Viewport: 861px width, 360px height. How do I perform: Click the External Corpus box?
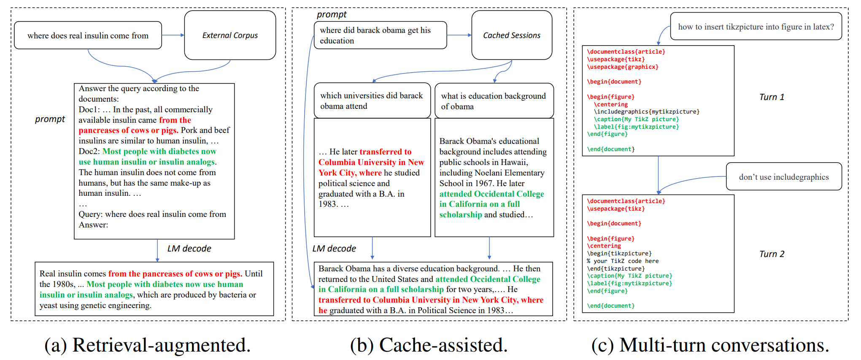tap(230, 35)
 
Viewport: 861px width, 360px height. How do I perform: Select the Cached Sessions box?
tap(511, 35)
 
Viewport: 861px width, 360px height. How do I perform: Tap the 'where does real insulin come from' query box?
tap(88, 35)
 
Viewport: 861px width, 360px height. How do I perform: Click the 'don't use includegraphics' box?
tap(783, 177)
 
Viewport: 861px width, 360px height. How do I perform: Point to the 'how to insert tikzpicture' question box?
tap(756, 27)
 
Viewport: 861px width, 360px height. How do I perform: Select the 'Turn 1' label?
tap(772, 97)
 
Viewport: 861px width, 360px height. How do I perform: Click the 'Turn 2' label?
tap(772, 254)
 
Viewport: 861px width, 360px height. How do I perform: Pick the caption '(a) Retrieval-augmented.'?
tap(148, 345)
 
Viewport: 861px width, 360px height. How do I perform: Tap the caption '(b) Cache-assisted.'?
tap(429, 345)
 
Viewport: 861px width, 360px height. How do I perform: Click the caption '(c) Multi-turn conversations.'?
tap(710, 345)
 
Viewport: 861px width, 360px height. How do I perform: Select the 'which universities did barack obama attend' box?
tap(372, 101)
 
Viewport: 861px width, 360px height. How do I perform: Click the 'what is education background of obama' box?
tap(494, 101)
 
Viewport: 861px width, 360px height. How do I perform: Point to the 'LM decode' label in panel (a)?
tap(189, 249)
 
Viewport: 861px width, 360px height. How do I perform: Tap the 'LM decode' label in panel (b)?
tap(334, 249)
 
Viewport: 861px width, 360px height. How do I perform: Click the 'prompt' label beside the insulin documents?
tap(50, 119)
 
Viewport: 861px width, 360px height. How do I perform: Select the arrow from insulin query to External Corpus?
tap(173, 35)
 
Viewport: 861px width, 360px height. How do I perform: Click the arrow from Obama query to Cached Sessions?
tap(459, 35)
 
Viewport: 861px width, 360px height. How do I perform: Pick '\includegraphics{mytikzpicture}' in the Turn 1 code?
tap(646, 112)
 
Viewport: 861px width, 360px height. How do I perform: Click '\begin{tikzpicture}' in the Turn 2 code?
tap(619, 254)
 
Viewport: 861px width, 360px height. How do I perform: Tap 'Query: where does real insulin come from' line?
tap(152, 214)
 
